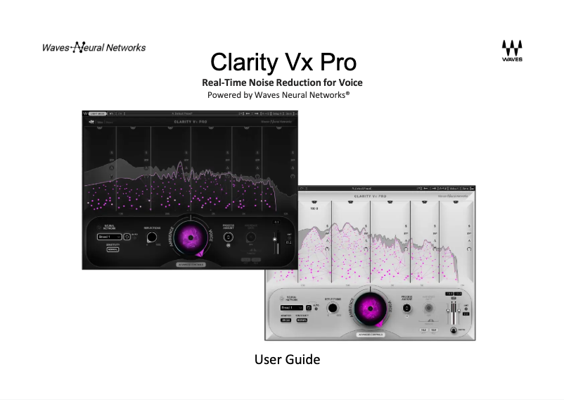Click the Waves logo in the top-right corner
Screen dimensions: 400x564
coord(512,51)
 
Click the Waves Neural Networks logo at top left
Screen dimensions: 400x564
coord(94,48)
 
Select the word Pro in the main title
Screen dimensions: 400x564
coord(332,63)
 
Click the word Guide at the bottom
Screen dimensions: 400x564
coord(304,360)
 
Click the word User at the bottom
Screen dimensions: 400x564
coord(268,360)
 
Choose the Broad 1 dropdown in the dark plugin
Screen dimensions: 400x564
coord(109,237)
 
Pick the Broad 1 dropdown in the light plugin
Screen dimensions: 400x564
coord(290,308)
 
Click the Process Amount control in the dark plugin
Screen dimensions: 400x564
coord(228,237)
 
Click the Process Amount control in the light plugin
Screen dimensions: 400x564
coord(407,308)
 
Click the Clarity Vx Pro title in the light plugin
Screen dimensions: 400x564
coord(372,196)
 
